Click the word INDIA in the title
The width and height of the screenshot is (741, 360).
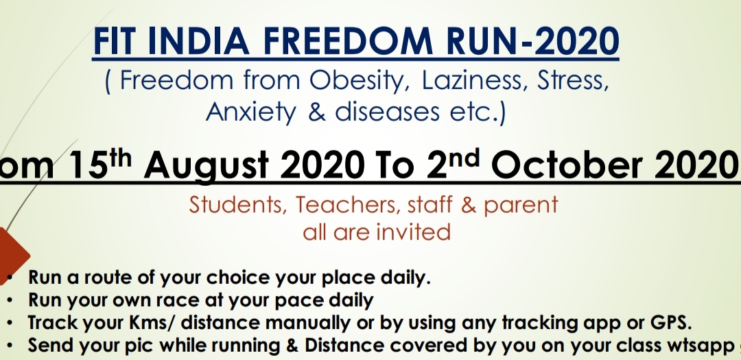[198, 41]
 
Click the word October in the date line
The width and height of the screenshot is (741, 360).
[569, 165]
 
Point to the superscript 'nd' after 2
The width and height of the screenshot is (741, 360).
[464, 158]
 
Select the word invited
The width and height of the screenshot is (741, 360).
[406, 232]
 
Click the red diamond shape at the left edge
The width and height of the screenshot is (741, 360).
[13, 256]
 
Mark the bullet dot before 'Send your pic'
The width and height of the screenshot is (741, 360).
[10, 346]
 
